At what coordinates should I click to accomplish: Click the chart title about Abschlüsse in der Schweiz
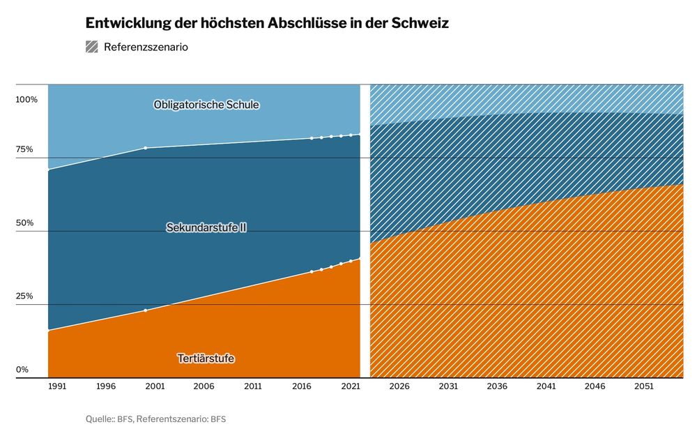[267, 23]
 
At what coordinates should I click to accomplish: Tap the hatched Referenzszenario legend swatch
[92, 47]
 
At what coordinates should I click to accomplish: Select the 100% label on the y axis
[27, 100]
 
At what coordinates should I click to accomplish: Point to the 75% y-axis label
[25, 149]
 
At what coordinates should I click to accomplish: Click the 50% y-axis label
[25, 223]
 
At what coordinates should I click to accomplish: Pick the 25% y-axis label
[25, 296]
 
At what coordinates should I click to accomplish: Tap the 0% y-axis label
[22, 369]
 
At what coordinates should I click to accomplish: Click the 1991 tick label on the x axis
[57, 386]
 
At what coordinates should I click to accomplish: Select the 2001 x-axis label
[155, 386]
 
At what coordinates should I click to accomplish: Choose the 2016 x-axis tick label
[302, 386]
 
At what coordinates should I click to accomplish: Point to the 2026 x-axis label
[399, 386]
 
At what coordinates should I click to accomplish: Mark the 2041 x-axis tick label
[546, 386]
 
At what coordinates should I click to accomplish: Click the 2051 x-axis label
[643, 386]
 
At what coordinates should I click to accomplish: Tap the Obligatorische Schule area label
[206, 105]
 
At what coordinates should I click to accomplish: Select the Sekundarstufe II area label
[206, 227]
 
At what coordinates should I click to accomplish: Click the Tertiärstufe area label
[206, 359]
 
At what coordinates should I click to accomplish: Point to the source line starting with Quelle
[155, 419]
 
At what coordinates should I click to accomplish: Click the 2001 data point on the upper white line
[145, 148]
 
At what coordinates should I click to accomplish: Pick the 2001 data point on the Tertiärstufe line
[145, 310]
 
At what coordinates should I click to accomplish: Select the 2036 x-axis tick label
[497, 386]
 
